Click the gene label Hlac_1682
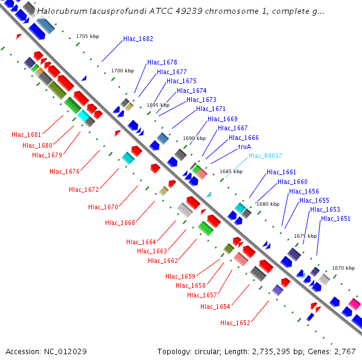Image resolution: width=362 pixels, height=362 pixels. click(138, 39)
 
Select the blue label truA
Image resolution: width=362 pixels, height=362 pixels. click(244, 147)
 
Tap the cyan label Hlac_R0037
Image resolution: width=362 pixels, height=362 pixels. click(265, 156)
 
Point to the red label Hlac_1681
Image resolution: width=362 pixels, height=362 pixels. click(26, 135)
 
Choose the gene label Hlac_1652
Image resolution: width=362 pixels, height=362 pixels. click(235, 323)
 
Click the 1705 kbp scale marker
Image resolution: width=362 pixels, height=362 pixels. click(87, 36)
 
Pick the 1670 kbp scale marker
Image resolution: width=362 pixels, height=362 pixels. click(343, 268)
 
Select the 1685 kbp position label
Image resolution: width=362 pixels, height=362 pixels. click(231, 171)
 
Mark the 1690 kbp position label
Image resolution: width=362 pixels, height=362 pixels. click(194, 138)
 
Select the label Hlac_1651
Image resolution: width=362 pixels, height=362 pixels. click(335, 218)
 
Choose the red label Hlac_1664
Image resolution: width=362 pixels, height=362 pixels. click(141, 242)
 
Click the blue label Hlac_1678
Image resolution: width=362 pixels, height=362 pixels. click(162, 62)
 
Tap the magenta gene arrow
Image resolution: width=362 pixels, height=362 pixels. click(355, 303)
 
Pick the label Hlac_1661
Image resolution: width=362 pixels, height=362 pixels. click(282, 173)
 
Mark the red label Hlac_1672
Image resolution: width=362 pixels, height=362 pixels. click(83, 189)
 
